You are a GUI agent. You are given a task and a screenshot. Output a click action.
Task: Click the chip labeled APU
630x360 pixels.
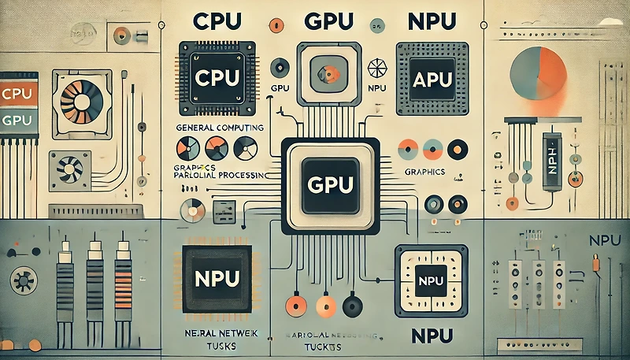point(426,78)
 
